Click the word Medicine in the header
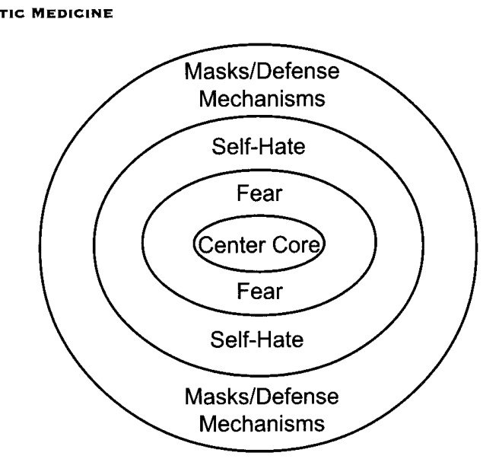[x=72, y=14]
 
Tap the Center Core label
[x=259, y=244]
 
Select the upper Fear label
[x=259, y=193]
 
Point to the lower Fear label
[x=259, y=291]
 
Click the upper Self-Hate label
[x=259, y=146]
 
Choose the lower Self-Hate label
[x=257, y=339]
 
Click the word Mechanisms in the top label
[x=262, y=98]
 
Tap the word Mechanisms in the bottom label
[x=262, y=424]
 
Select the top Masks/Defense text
[x=262, y=71]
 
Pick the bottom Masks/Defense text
[x=262, y=397]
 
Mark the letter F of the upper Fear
[x=243, y=193]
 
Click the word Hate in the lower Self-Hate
[x=281, y=339]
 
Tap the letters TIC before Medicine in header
[x=12, y=14]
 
